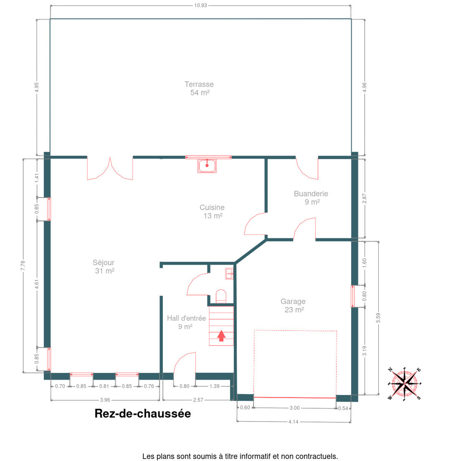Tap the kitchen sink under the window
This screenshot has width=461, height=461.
[x=207, y=166]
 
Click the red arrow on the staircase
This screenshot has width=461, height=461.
[x=221, y=336]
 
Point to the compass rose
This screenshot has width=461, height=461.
[x=404, y=384]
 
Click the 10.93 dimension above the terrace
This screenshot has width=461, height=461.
[x=200, y=5]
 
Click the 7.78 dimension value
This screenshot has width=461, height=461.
[x=23, y=265]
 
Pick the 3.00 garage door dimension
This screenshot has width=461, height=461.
[x=295, y=408]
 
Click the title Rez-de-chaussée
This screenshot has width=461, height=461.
[x=143, y=414]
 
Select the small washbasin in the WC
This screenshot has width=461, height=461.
[x=229, y=274]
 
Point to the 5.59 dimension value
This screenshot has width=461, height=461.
[x=378, y=318]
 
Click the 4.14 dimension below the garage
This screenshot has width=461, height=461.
[x=293, y=422]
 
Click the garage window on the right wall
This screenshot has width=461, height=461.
[x=352, y=296]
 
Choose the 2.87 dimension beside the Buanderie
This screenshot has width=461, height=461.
[x=364, y=198]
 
